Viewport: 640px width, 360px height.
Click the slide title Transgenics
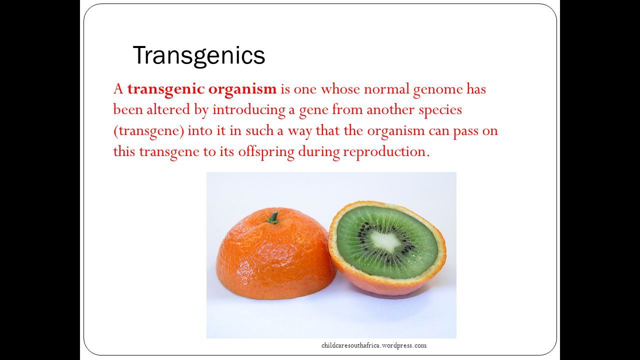[199, 55]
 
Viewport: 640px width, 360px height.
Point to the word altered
[168, 109]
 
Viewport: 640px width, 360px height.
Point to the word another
[390, 109]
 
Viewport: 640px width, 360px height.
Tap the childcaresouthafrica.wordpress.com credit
[373, 345]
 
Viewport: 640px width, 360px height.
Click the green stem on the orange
[273, 217]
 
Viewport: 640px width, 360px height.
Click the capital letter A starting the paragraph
[118, 89]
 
